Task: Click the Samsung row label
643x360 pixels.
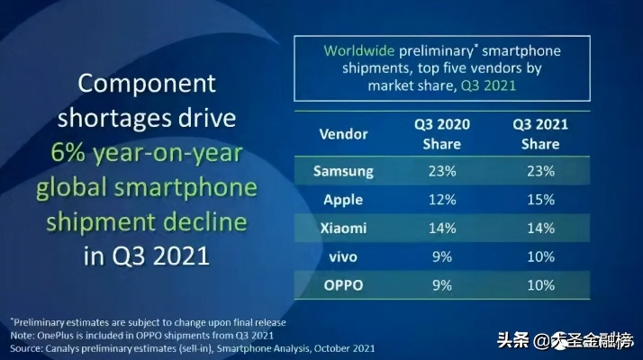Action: (x=343, y=170)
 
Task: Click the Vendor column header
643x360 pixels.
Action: (x=344, y=134)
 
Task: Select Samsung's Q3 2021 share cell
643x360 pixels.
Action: (x=540, y=170)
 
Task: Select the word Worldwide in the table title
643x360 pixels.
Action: (x=359, y=49)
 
